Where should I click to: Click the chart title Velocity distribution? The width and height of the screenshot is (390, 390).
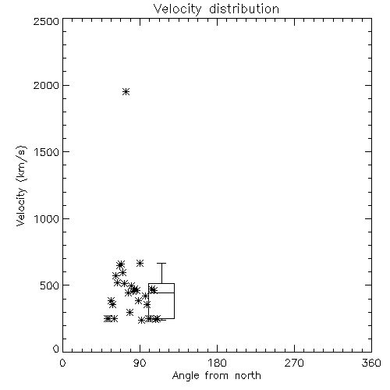(x=216, y=9)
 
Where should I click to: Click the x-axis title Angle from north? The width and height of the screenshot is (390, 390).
(x=216, y=375)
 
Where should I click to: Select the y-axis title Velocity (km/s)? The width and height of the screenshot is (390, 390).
(x=21, y=186)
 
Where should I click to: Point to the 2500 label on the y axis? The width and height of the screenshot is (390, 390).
(x=46, y=21)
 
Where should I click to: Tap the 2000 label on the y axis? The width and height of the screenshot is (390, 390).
(x=46, y=85)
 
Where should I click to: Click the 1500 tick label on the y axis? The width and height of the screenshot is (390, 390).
(x=47, y=152)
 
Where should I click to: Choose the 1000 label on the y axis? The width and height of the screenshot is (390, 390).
(x=47, y=218)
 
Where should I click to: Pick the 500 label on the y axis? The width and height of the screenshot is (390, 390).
(x=50, y=285)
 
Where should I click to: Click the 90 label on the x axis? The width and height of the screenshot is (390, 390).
(x=140, y=363)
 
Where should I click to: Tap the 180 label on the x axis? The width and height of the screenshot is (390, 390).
(x=217, y=363)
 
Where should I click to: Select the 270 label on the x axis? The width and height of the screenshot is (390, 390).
(x=294, y=363)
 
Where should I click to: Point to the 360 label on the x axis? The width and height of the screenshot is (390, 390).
(x=371, y=363)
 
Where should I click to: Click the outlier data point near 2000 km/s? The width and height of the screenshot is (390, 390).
(x=126, y=91)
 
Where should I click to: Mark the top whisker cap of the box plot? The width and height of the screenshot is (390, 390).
(x=161, y=264)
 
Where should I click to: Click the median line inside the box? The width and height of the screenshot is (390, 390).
(x=161, y=292)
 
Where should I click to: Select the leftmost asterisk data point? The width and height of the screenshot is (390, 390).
(x=107, y=318)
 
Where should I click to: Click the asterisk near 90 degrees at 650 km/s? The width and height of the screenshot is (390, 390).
(x=140, y=263)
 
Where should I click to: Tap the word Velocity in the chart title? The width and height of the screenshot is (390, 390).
(x=177, y=9)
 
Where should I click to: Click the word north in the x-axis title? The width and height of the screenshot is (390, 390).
(x=248, y=375)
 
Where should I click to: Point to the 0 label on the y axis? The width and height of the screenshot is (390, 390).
(x=56, y=349)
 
